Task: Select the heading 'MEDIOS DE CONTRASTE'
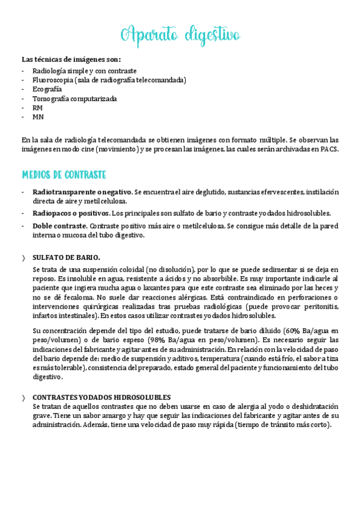tap(64, 175)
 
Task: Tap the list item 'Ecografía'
tap(47, 89)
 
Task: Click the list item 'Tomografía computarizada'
tap(75, 99)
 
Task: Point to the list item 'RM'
tap(37, 108)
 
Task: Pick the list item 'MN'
tap(38, 117)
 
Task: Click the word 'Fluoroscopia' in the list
tap(53, 80)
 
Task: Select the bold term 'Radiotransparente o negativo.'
tap(82, 192)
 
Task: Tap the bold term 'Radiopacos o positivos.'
tap(71, 213)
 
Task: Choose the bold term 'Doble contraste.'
tap(59, 226)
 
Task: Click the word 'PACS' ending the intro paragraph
tap(329, 150)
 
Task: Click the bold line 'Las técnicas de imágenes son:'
tap(71, 60)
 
